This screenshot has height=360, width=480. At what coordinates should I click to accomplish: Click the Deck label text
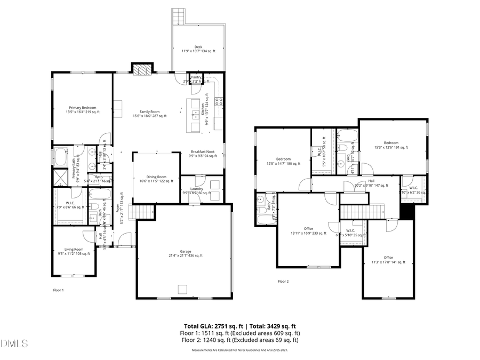[x=198, y=47]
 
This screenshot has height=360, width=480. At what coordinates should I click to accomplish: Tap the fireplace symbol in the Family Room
[x=142, y=70]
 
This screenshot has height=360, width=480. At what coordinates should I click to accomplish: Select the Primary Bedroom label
[x=82, y=108]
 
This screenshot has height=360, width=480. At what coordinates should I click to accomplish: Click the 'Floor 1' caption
[x=58, y=290]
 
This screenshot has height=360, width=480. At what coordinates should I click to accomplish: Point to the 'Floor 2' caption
[x=283, y=281]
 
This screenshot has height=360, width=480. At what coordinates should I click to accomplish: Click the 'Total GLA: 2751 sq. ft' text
[x=212, y=326]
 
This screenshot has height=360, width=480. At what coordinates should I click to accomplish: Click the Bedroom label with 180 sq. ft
[x=283, y=159]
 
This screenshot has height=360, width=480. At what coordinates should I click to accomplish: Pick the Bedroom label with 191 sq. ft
[x=391, y=142]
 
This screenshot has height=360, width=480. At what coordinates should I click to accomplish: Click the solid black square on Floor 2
[x=407, y=212]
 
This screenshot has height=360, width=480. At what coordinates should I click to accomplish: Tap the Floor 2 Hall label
[x=371, y=181]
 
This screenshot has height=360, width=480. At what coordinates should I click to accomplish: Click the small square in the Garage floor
[x=183, y=289]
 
